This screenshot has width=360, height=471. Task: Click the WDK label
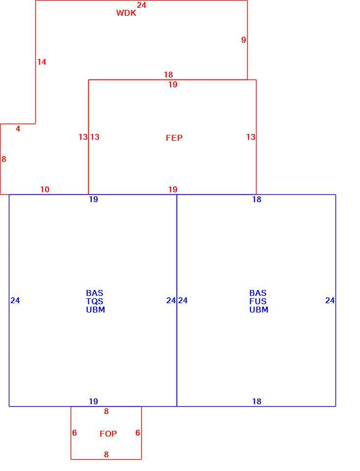click(126, 13)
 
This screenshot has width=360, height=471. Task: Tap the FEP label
click(174, 138)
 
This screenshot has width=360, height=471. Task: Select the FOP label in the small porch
click(108, 434)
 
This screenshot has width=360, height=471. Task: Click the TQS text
click(95, 301)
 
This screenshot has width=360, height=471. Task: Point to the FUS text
click(258, 301)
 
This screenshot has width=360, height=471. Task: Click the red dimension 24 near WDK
click(141, 5)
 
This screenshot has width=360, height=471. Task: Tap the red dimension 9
click(243, 40)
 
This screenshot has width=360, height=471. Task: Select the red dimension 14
click(42, 62)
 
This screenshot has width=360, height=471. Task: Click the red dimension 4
click(18, 129)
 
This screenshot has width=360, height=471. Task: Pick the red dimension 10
click(45, 189)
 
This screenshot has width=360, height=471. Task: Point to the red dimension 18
click(168, 75)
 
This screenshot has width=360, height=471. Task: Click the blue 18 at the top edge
click(257, 199)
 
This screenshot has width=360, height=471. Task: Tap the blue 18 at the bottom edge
click(257, 401)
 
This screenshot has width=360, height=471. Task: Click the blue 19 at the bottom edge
click(93, 401)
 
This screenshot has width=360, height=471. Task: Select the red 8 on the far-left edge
click(3, 159)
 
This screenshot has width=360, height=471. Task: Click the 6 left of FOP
click(75, 433)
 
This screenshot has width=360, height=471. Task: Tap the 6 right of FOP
click(137, 433)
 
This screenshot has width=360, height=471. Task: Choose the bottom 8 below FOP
click(106, 454)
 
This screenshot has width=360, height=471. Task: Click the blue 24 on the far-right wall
click(330, 300)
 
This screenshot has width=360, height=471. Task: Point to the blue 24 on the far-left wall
click(15, 300)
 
